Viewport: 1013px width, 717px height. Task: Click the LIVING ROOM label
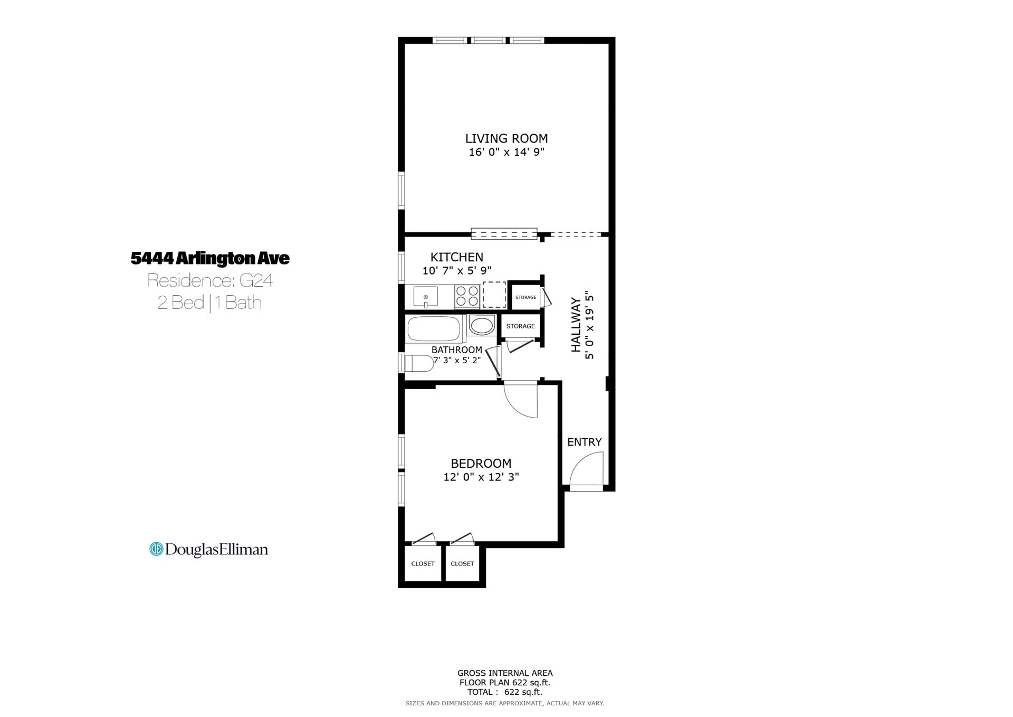tap(506, 138)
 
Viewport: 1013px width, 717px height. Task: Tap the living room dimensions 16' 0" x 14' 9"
tap(506, 152)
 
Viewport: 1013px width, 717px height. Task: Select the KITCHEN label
tap(457, 257)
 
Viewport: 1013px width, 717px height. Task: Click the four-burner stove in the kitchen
tap(467, 296)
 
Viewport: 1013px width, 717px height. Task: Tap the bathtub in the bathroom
tap(434, 329)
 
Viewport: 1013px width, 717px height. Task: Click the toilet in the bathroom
tap(417, 363)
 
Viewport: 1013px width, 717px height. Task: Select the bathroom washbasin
tap(481, 325)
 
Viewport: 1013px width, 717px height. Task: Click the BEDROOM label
tap(481, 464)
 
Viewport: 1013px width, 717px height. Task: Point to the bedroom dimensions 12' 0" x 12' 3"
tap(481, 477)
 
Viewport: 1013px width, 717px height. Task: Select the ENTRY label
tap(585, 442)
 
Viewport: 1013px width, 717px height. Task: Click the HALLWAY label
tap(576, 325)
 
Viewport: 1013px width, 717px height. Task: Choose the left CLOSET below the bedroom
tap(423, 564)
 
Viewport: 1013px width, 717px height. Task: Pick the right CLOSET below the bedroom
tap(463, 564)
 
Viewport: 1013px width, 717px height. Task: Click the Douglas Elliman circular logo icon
tap(156, 549)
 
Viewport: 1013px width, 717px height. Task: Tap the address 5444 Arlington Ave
tap(210, 258)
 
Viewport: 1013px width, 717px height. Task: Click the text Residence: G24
tap(210, 280)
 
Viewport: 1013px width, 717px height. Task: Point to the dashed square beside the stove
tap(494, 295)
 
